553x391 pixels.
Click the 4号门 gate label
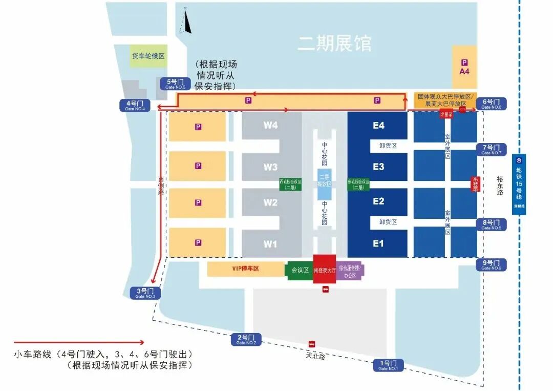pyautogui.click(x=135, y=105)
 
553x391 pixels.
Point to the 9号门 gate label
pyautogui.click(x=492, y=265)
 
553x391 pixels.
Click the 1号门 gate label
pyautogui.click(x=388, y=365)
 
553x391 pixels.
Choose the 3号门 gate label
pyautogui.click(x=146, y=293)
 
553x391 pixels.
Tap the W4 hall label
pyautogui.click(x=270, y=125)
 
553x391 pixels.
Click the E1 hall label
pyautogui.click(x=378, y=244)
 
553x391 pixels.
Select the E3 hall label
pyautogui.click(x=378, y=167)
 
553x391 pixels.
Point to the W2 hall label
pyautogui.click(x=270, y=202)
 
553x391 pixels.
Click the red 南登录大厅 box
pyautogui.click(x=324, y=269)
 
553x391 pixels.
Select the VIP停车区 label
pyautogui.click(x=246, y=269)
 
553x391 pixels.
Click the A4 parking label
pyautogui.click(x=464, y=67)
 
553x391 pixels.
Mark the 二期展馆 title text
pyautogui.click(x=334, y=44)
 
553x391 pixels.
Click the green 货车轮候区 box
pyautogui.click(x=148, y=56)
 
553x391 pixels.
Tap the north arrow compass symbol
pyautogui.click(x=187, y=21)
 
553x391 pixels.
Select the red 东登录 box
pyautogui.click(x=475, y=184)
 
